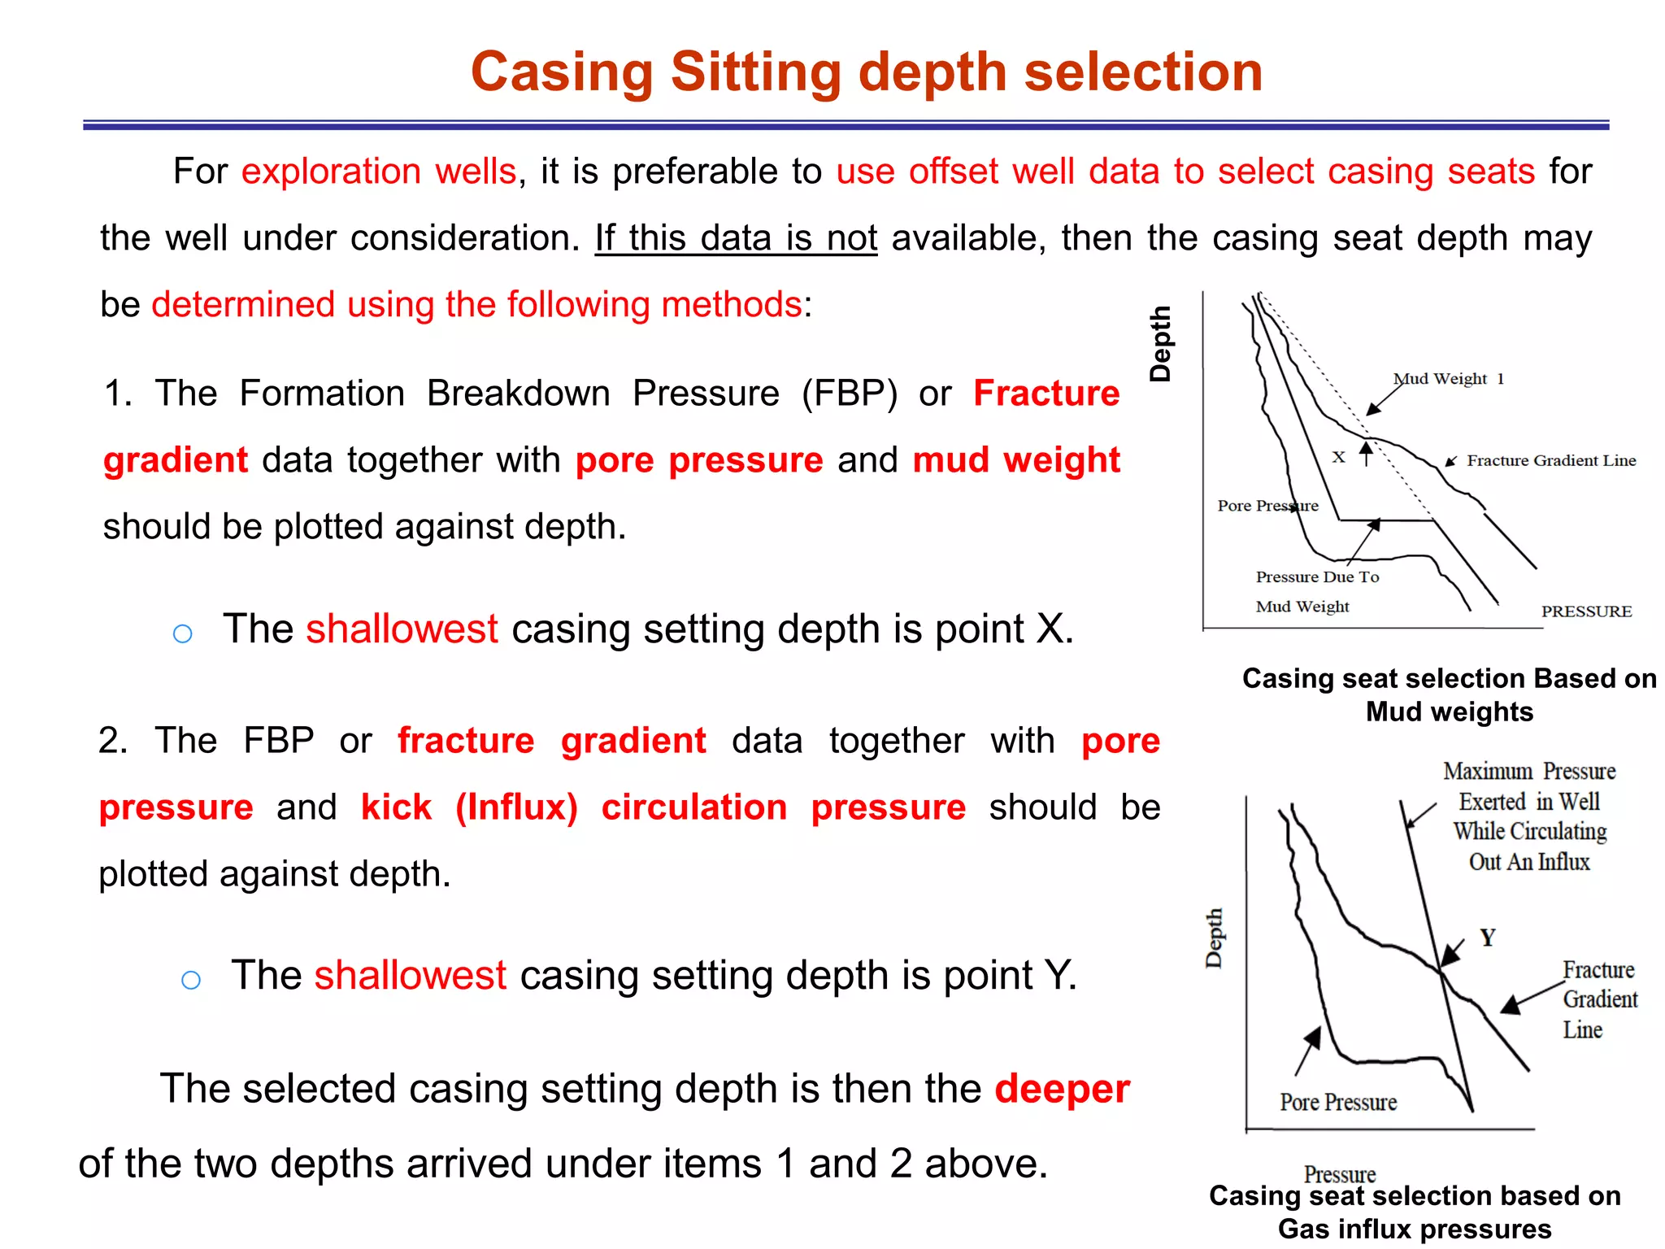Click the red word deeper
point(1062,1088)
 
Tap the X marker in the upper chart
point(1338,457)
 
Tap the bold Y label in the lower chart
point(1487,938)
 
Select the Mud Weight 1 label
point(1448,379)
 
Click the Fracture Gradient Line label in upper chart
point(1550,461)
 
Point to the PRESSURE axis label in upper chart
point(1586,611)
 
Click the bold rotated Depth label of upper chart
point(1160,344)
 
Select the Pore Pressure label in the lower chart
point(1338,1102)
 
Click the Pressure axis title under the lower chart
point(1339,1173)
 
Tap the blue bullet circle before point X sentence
point(183,633)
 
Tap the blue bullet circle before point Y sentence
point(191,980)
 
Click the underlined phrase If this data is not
point(736,238)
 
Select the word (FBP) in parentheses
point(850,394)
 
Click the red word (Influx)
point(516,807)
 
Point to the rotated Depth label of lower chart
point(1214,938)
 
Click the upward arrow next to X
point(1367,453)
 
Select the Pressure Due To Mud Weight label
point(1316,591)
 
